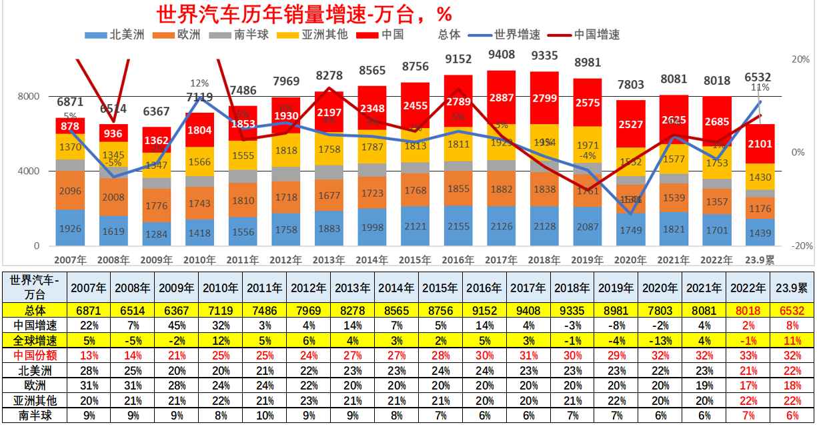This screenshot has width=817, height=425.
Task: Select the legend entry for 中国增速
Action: coord(597,35)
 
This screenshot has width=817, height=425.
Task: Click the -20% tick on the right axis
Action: coord(800,246)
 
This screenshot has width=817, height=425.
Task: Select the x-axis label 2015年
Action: coord(415,260)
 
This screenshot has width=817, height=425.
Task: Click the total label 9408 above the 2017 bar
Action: coord(501,54)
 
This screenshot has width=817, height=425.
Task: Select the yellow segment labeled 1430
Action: coord(760,177)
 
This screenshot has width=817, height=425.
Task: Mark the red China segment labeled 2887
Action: coord(501,97)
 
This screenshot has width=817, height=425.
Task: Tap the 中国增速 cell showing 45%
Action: coord(177,325)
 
